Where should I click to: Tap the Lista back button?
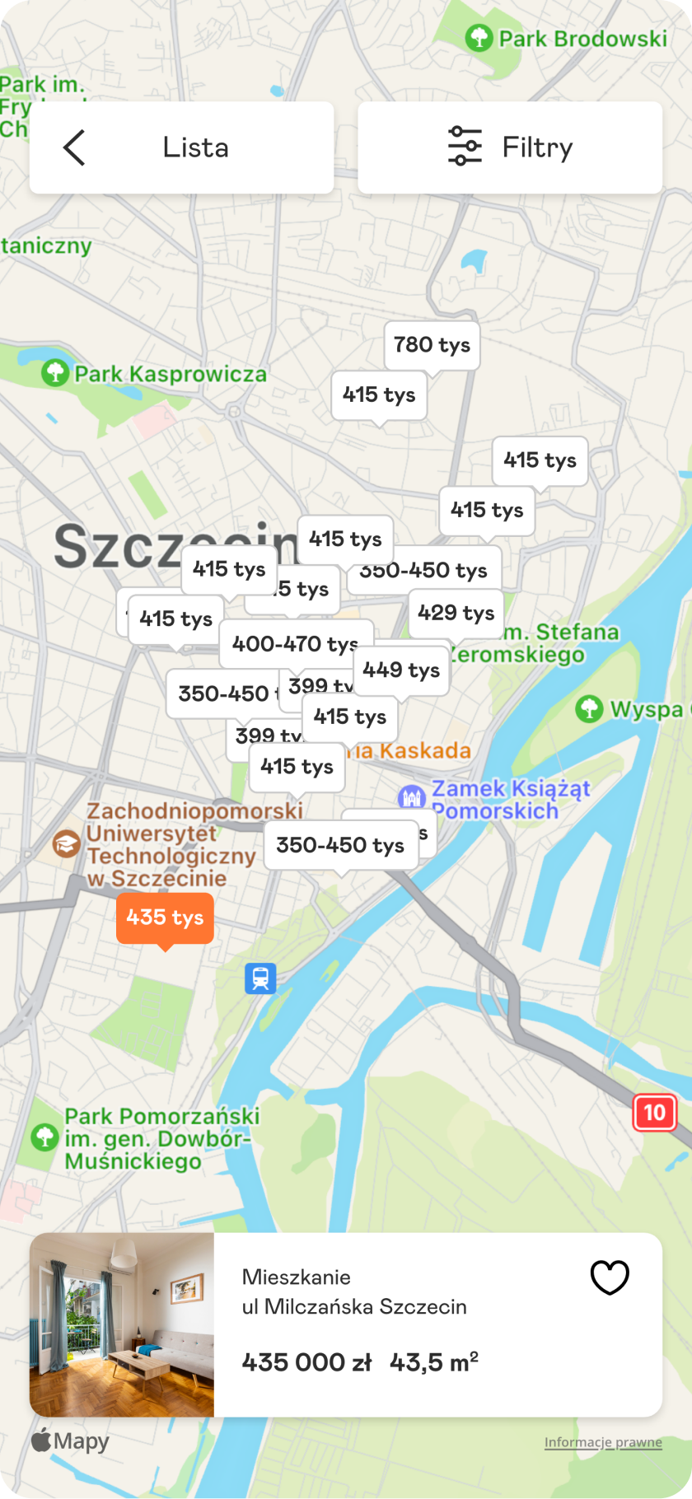pos(181,147)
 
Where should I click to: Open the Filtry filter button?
pos(510,147)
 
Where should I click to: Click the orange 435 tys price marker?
pos(165,918)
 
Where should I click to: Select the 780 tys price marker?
pos(432,344)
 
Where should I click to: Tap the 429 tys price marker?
pos(456,613)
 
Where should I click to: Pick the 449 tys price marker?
pos(401,670)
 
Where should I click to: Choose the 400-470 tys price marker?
pos(295,643)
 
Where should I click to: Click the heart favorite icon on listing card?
pos(610,1277)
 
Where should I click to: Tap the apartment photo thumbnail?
pos(122,1324)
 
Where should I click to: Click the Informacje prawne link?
pos(603,1442)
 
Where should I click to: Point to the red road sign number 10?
pos(654,1113)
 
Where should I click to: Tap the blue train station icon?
pos(260,978)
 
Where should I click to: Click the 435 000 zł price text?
pos(306,1362)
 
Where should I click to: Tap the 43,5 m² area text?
pos(433,1362)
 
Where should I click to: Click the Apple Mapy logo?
pos(70,1441)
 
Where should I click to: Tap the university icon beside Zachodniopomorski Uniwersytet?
pos(66,843)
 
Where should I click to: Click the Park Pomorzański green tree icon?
pos(44,1137)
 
